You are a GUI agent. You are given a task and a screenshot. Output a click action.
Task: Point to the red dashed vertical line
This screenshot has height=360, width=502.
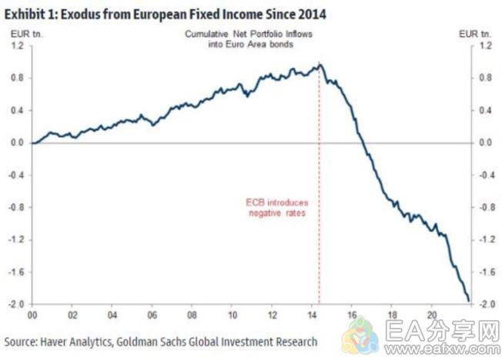coord(319,231)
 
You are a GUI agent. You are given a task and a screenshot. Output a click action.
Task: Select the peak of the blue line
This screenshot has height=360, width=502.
coord(319,65)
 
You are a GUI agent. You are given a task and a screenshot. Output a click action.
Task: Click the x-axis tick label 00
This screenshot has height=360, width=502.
coord(32,315)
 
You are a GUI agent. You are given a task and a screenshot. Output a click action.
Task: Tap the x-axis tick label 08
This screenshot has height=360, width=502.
coord(193,315)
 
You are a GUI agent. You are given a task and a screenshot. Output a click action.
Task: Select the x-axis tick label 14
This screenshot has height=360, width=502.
coord(313,315)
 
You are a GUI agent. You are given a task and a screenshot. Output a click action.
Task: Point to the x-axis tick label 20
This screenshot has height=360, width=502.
coord(433,315)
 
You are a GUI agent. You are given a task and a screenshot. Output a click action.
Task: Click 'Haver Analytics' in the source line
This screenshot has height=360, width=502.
coord(79,341)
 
